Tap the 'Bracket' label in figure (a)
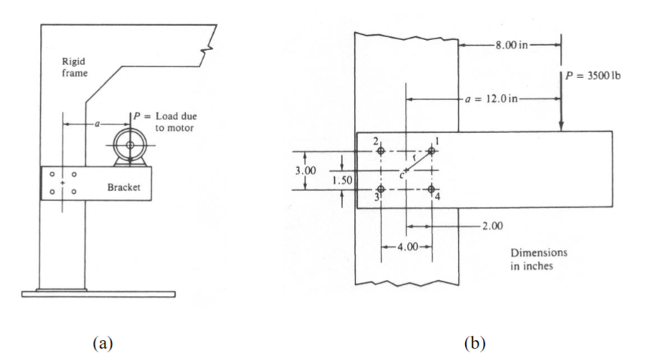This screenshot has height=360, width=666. [122, 188]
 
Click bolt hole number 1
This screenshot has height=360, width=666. [431, 151]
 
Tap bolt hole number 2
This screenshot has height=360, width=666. [381, 151]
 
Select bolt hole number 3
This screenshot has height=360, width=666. [381, 189]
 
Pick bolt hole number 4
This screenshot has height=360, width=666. [431, 189]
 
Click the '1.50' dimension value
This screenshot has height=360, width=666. [343, 180]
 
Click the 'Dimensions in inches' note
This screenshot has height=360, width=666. [539, 258]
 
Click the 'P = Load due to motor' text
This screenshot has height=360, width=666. [165, 122]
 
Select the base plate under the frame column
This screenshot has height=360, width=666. [99, 293]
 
